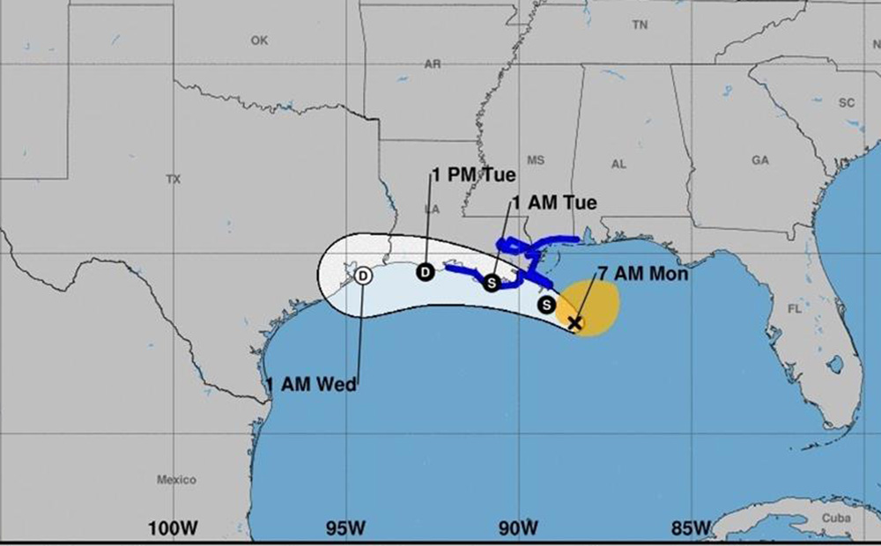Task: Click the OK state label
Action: (259, 41)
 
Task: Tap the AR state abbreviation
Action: (433, 64)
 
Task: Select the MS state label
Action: (536, 160)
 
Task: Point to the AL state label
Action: (618, 164)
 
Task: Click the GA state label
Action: (760, 160)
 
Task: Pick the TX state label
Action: (173, 179)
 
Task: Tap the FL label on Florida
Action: (795, 309)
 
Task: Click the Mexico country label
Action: (176, 480)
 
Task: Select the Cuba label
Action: (836, 518)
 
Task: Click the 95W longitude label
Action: (345, 528)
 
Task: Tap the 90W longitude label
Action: (518, 528)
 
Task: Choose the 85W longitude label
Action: (691, 528)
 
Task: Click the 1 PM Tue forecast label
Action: (474, 174)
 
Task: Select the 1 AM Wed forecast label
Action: (313, 385)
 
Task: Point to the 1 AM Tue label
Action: (554, 203)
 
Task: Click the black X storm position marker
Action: (575, 323)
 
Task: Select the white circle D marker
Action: (364, 276)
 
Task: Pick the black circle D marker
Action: (425, 272)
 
